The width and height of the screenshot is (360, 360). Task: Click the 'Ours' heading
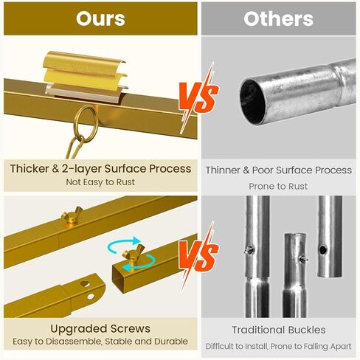click(x=100, y=18)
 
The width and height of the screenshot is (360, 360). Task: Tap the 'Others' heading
click(x=278, y=19)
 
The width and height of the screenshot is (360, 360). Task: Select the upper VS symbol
click(x=198, y=97)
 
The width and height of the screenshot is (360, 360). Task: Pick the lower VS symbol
click(x=198, y=256)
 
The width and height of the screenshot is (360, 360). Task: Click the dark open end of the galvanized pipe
click(x=252, y=101)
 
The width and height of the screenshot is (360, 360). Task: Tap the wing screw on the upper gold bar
click(x=72, y=215)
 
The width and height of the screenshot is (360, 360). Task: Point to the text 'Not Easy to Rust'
click(x=100, y=182)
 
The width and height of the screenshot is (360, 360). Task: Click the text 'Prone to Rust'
click(x=278, y=186)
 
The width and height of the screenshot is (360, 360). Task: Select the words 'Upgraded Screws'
click(x=100, y=329)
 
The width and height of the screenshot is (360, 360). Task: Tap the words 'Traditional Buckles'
click(x=279, y=330)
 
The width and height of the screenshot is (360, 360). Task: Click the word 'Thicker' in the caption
click(x=30, y=169)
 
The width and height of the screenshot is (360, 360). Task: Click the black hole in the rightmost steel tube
click(x=323, y=250)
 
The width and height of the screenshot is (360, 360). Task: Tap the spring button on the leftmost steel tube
click(x=249, y=250)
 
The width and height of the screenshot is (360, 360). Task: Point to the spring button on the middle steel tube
click(x=303, y=259)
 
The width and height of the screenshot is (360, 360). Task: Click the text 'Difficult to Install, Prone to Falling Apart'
click(x=278, y=346)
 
